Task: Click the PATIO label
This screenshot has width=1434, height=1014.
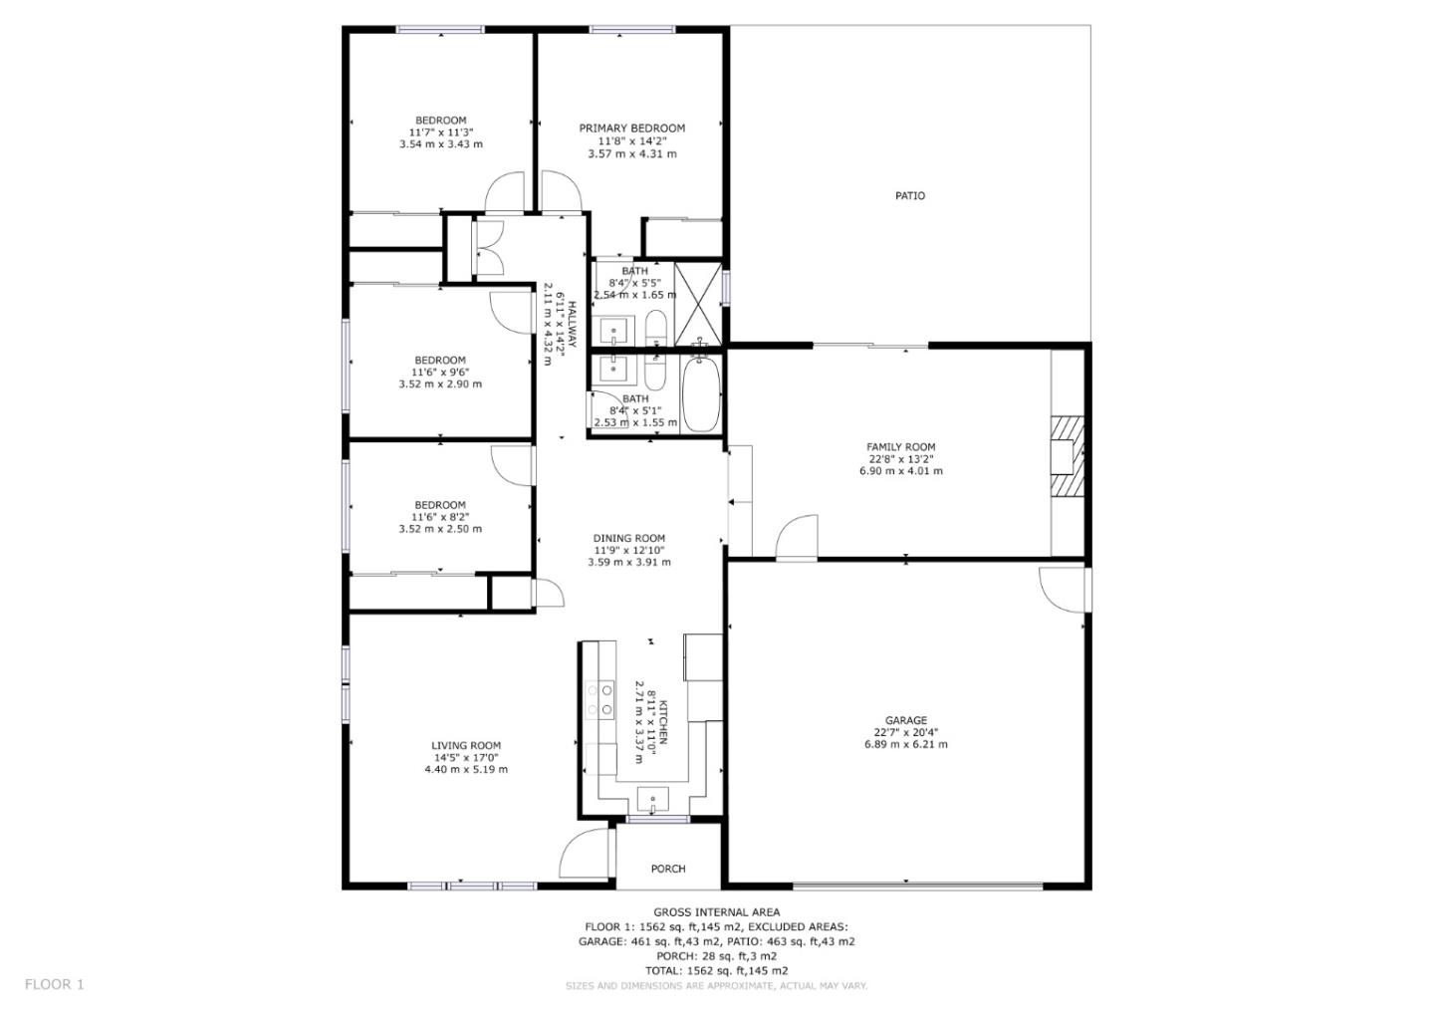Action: click(x=909, y=196)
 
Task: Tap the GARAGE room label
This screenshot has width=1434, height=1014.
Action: click(x=905, y=720)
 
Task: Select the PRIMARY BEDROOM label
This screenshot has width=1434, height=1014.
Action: click(x=631, y=128)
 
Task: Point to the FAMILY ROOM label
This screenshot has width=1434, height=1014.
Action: click(x=900, y=447)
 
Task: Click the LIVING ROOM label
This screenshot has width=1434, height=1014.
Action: click(x=465, y=746)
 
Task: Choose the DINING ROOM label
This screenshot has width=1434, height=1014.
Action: click(x=628, y=539)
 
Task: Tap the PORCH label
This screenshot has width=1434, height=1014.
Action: click(x=667, y=869)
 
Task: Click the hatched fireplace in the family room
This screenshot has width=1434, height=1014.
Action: click(x=1066, y=457)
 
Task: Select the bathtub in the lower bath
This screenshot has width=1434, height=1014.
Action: click(x=699, y=394)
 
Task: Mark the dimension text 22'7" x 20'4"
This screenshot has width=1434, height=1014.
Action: click(x=905, y=732)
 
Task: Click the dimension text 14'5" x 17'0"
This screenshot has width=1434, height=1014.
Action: click(x=465, y=758)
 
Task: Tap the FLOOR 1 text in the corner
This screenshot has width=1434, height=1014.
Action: click(x=54, y=984)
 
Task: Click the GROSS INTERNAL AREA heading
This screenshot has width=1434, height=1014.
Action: click(x=716, y=911)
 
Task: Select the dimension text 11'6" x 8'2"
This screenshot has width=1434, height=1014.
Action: click(x=439, y=517)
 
